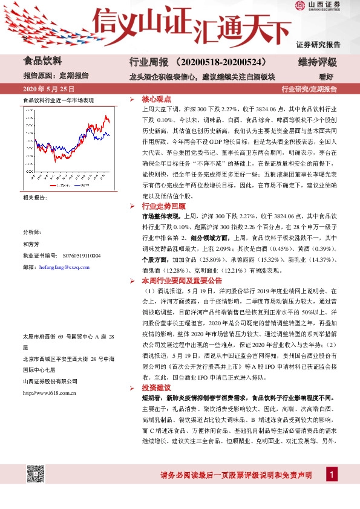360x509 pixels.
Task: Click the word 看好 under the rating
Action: pos(326,77)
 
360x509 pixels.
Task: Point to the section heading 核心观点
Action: pos(156,98)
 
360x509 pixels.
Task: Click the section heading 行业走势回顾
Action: pos(160,206)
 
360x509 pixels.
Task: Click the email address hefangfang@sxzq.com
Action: pos(64,267)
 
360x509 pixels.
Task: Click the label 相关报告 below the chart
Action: pos(34,198)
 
